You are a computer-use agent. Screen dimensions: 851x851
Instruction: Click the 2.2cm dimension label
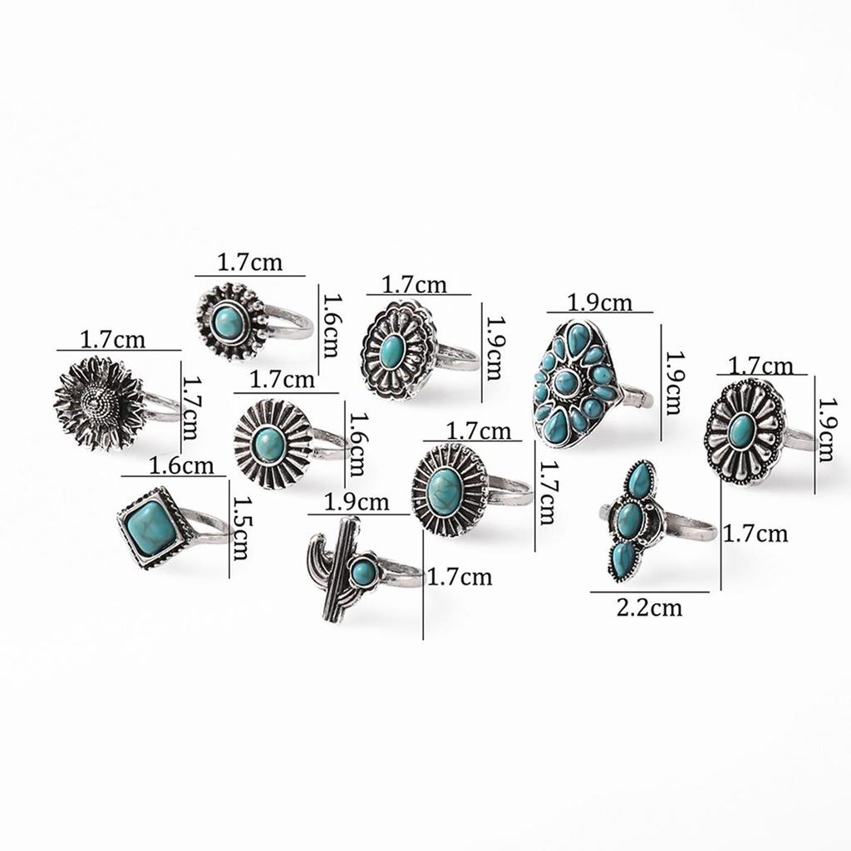(649, 608)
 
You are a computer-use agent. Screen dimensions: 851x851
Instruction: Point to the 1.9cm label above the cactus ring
(357, 503)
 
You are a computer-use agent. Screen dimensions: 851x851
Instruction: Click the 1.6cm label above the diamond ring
(181, 465)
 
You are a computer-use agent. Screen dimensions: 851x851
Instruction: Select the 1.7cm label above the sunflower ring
(113, 340)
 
